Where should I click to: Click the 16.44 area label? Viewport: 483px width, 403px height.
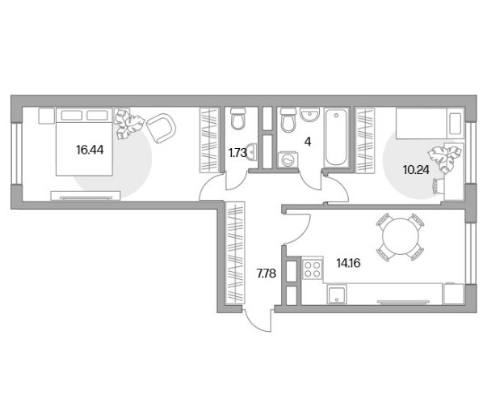90,151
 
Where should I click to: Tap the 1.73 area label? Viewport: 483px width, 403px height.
237,153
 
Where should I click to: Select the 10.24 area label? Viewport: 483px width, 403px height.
416,170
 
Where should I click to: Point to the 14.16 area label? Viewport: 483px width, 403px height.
348,263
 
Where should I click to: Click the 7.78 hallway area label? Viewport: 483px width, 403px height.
267,273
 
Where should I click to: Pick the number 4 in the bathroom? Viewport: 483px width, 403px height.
308,142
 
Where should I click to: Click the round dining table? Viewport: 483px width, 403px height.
401,236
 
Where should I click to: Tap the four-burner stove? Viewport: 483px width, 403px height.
313,269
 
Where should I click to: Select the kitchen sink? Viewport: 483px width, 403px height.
337,294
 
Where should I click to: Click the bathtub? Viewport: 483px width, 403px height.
336,138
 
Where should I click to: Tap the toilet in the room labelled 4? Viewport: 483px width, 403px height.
288,120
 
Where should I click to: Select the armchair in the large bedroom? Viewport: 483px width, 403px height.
161,129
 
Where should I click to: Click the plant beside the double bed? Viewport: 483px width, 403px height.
129,124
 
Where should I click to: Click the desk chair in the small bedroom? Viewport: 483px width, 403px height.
439,186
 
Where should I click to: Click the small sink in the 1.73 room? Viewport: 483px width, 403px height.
252,152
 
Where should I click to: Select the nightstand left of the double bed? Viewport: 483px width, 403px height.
47,116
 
